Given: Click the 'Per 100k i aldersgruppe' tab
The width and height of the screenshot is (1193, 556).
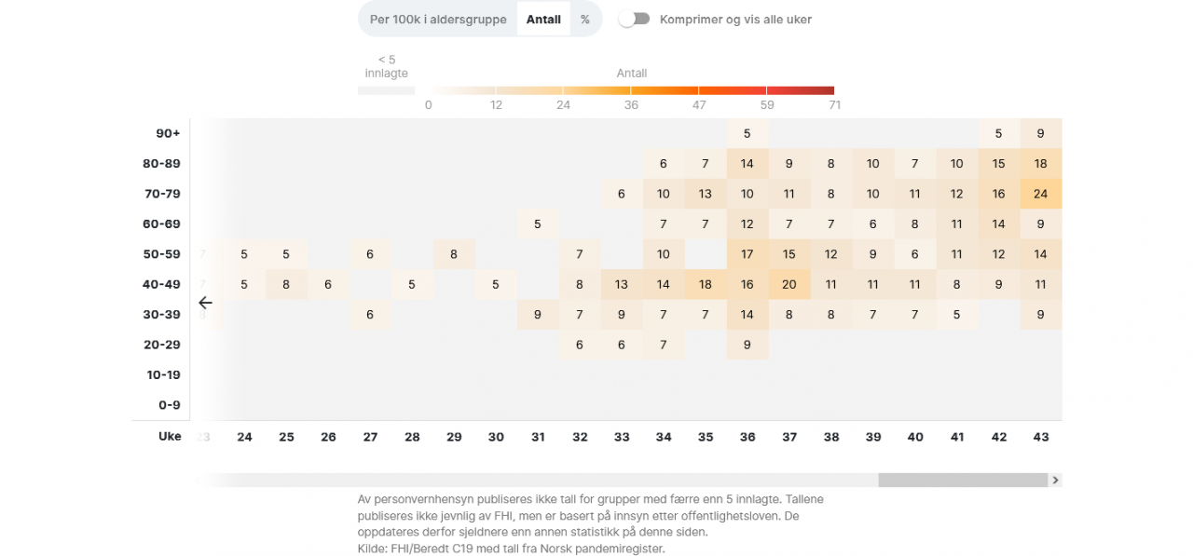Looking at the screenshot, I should click(x=438, y=20).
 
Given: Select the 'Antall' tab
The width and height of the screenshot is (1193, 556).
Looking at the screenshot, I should click(x=543, y=20).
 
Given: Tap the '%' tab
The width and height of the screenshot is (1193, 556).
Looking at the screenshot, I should click(x=585, y=20).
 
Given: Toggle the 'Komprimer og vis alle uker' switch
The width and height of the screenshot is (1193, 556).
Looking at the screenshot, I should click(x=635, y=19).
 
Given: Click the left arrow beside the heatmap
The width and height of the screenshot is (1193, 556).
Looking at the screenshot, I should click(x=205, y=303).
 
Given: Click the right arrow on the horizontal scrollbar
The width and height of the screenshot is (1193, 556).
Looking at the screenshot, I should click(x=1055, y=481).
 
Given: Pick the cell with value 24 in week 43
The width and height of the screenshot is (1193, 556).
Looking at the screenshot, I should click(x=1041, y=194).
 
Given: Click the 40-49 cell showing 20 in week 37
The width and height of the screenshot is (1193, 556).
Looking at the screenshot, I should click(x=789, y=284).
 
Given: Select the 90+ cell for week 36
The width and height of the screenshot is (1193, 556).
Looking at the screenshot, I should click(x=747, y=133).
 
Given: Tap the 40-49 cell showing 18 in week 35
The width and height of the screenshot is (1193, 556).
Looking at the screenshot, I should click(x=706, y=284).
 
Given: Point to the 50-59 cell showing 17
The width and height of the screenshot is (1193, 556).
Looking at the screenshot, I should click(x=747, y=254).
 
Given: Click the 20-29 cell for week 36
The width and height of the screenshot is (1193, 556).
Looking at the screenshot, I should click(x=747, y=345).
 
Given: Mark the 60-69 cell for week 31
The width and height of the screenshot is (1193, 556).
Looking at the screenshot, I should click(x=538, y=224).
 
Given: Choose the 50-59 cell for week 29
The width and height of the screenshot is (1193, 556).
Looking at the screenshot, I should click(x=454, y=254).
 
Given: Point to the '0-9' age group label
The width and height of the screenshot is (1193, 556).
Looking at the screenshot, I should click(x=170, y=405).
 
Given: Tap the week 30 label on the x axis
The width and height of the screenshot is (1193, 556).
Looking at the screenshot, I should click(x=496, y=437).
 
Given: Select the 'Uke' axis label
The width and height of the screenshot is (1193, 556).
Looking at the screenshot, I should click(x=170, y=436).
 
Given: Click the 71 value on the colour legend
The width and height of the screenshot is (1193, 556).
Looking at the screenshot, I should click(x=834, y=105).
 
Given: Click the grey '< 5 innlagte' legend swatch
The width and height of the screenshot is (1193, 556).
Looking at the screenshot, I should click(x=386, y=90).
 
